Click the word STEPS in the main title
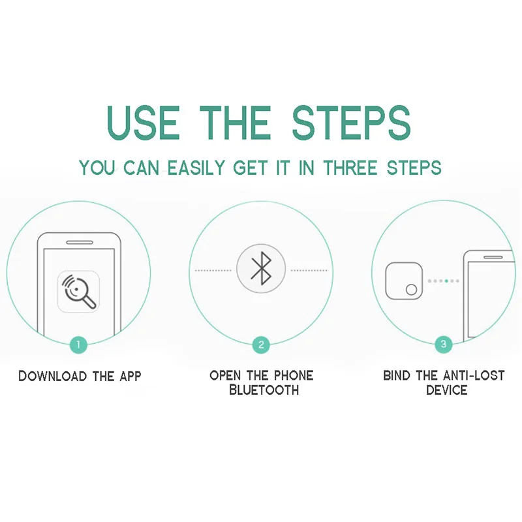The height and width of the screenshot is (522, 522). coord(352,123)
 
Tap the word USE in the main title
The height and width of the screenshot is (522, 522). coord(144,123)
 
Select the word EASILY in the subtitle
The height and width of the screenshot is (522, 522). coord(196,168)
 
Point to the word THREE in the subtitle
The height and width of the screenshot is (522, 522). coord(350,168)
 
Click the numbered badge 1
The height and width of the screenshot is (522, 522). coord(78,345)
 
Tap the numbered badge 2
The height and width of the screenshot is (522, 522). coord(261,345)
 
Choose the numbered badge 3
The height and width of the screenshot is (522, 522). coord(444,344)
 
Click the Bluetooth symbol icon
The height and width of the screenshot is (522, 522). coord(262,268)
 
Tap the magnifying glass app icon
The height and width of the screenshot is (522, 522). coord(78,292)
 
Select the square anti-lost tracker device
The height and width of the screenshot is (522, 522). coord(404,281)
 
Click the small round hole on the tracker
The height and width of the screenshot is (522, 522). coord(412,289)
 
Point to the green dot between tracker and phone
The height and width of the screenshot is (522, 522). coord(446,281)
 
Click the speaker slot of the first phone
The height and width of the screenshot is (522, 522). coord(80,242)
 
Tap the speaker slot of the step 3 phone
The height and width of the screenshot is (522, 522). coord(493,257)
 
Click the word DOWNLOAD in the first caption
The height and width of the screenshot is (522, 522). coord(53,376)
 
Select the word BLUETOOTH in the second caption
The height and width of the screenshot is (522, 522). coord(264,390)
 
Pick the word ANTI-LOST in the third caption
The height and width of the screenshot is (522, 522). coord(474,376)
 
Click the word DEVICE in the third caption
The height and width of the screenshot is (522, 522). coord(447,390)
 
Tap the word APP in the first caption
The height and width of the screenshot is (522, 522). coord(130,376)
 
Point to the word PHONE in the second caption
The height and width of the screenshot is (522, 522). coord(294,376)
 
